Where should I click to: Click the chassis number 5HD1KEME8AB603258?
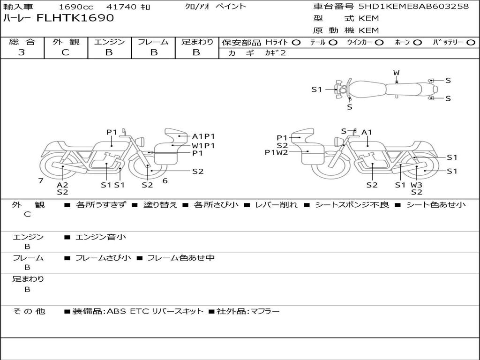413,7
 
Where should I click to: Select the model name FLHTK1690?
75,18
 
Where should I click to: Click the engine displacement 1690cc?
76,7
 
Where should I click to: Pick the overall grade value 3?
22,52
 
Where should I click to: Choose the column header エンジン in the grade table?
109,42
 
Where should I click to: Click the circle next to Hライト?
296,43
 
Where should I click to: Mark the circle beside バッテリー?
471,43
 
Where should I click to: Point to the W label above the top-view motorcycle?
397,73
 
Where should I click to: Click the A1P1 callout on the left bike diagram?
203,136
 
